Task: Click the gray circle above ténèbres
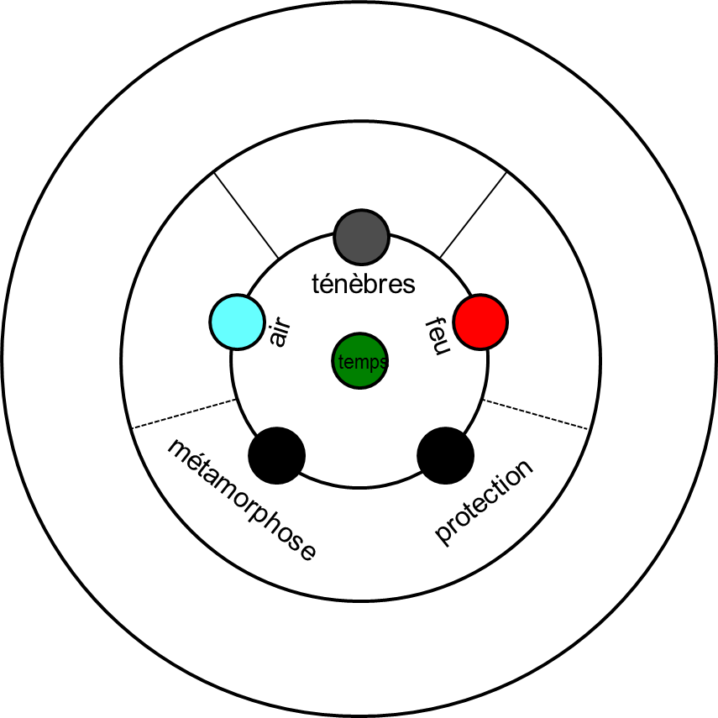[361, 236]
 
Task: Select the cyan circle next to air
[239, 322]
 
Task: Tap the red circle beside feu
[480, 322]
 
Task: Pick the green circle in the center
[360, 362]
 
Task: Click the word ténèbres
[363, 284]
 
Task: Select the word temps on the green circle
[362, 363]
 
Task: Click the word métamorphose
[242, 499]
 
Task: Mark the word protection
[484, 501]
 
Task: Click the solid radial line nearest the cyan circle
[247, 215]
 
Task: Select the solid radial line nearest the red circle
[473, 215]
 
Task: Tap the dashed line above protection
[536, 414]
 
